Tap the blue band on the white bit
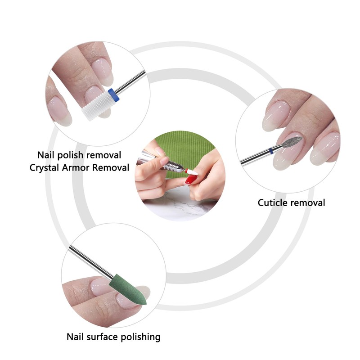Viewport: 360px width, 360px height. [x=114, y=94]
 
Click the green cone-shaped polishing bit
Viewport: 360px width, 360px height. [x=128, y=289]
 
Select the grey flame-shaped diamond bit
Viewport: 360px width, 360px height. [x=292, y=142]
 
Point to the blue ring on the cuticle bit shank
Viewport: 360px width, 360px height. [x=271, y=151]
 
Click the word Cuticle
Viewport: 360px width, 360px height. [x=272, y=203]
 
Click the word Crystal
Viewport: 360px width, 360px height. [x=44, y=168]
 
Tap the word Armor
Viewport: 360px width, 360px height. [x=76, y=167]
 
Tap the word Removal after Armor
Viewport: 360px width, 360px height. [x=111, y=167]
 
